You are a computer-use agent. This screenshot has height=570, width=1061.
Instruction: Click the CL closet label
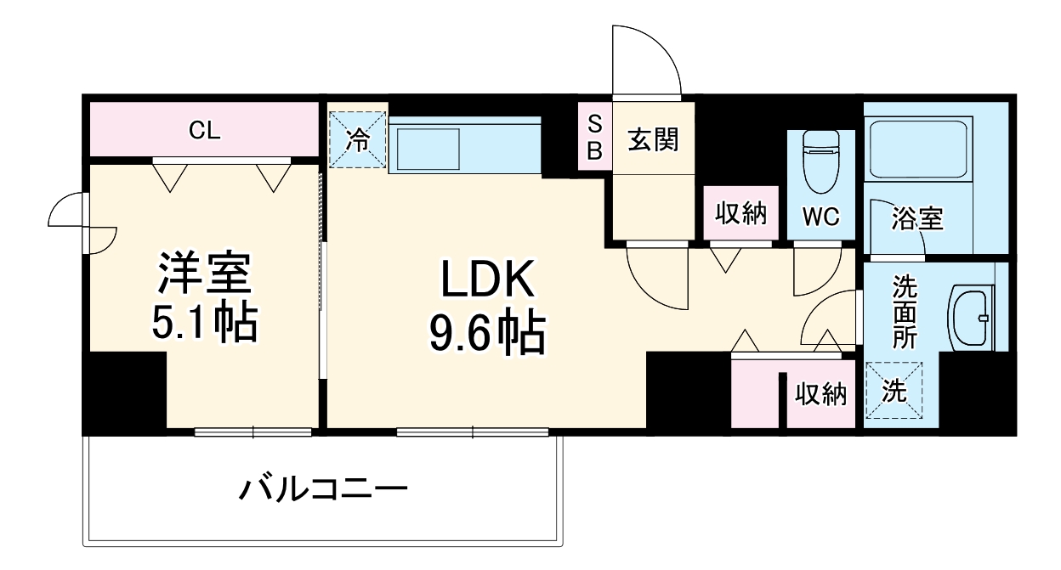pyautogui.click(x=204, y=130)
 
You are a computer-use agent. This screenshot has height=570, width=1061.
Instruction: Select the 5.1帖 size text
pyautogui.click(x=204, y=322)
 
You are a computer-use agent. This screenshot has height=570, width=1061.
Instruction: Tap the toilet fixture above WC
pyautogui.click(x=820, y=161)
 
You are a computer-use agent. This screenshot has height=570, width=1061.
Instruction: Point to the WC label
pyautogui.click(x=821, y=217)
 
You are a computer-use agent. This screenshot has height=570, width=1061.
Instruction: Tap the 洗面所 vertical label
pyautogui.click(x=904, y=312)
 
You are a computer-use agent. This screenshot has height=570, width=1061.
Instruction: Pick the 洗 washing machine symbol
pyautogui.click(x=894, y=392)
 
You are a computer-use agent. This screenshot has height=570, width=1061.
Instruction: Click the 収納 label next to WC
pyautogui.click(x=740, y=214)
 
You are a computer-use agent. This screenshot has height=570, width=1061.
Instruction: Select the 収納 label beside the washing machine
pyautogui.click(x=820, y=393)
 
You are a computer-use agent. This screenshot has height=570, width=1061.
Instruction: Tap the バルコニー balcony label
pyautogui.click(x=323, y=489)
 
